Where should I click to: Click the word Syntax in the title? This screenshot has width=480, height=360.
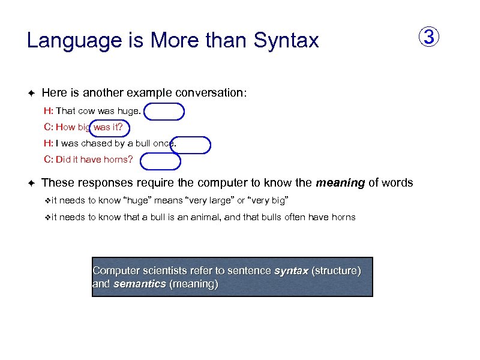tap(286, 41)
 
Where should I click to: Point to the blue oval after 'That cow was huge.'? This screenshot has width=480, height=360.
tap(164, 112)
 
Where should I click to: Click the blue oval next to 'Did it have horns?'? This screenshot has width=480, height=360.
tap(160, 161)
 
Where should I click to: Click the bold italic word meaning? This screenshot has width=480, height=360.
tap(340, 182)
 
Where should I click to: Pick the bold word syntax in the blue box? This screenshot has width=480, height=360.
tap(291, 271)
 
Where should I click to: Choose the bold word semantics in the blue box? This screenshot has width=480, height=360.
tap(139, 284)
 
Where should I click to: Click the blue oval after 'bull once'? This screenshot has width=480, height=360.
tap(191, 145)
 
